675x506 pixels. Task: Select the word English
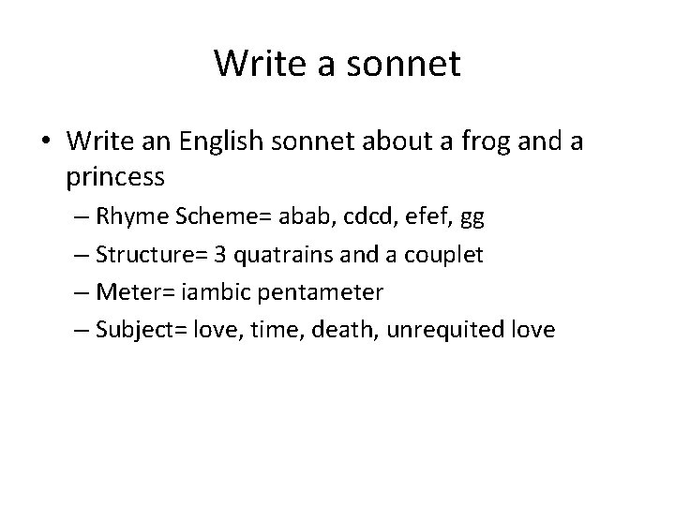tap(221, 141)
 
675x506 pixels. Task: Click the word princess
tap(116, 175)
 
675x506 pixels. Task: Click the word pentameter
tap(329, 292)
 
